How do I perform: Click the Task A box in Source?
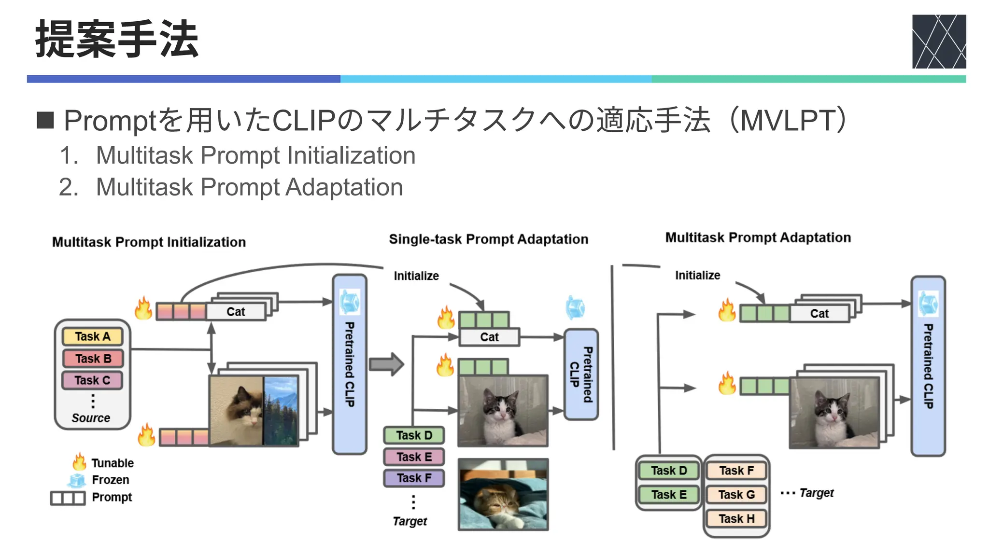point(92,336)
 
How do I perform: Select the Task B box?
point(92,359)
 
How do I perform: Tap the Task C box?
point(92,380)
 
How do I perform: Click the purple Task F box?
point(414,478)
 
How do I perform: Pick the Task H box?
point(736,519)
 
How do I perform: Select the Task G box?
point(736,495)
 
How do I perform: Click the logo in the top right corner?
point(938,42)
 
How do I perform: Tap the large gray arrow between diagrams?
point(386,364)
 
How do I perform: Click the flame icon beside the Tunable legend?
point(79,462)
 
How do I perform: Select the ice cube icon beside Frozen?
point(77,480)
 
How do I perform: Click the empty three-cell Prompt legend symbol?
point(68,498)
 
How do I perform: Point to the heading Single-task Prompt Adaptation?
point(488,239)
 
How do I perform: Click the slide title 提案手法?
point(117,40)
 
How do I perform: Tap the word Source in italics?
point(91,418)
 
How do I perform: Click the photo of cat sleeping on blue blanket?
point(503,495)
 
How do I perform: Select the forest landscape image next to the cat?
point(281,411)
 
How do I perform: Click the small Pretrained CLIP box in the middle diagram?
point(581,374)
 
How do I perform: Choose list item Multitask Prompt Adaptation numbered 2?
point(249,187)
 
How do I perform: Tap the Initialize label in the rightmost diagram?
point(697,276)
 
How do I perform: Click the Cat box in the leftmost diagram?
point(236,312)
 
